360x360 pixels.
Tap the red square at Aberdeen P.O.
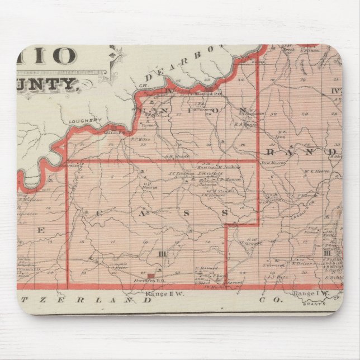(x=150, y=276)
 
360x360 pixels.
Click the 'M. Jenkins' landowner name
(x=229, y=167)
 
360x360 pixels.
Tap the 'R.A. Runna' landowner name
(x=245, y=125)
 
